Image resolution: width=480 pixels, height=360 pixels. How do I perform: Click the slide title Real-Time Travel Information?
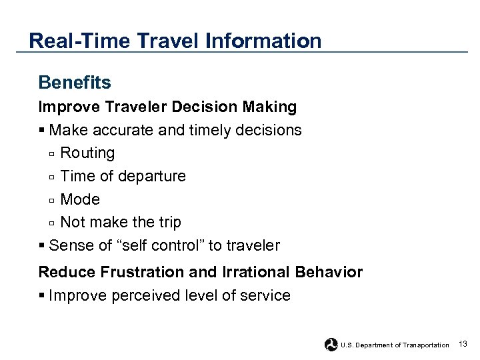(x=175, y=41)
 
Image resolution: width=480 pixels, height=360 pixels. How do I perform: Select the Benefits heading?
(x=75, y=83)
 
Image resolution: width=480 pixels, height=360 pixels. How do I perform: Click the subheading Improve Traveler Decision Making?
(x=167, y=107)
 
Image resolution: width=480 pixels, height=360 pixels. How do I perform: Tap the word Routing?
(x=87, y=153)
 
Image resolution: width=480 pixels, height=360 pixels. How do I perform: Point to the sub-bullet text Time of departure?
(x=123, y=177)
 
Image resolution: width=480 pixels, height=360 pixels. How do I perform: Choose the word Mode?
(x=80, y=199)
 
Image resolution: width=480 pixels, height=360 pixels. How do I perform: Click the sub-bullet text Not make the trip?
(x=120, y=222)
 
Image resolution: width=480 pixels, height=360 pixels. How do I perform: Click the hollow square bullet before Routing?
(x=52, y=154)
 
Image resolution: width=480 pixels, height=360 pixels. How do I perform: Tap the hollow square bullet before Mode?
(x=52, y=200)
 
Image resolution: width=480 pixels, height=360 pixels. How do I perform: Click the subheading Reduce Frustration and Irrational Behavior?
(x=201, y=272)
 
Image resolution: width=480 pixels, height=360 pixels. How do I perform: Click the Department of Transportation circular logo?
(x=331, y=344)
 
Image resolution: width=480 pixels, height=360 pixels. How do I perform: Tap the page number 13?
(x=463, y=344)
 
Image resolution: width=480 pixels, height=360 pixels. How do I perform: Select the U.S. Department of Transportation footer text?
(x=395, y=345)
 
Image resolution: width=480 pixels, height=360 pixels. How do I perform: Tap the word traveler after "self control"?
(x=253, y=245)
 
